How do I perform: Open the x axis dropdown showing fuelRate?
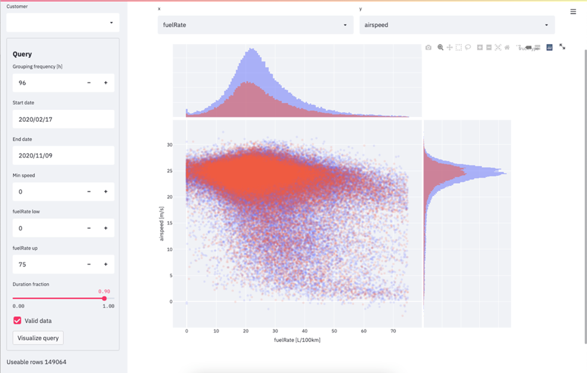click(255, 25)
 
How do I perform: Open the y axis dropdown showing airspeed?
click(456, 25)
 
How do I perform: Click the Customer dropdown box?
click(63, 23)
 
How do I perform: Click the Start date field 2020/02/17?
click(63, 119)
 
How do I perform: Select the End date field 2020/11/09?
click(63, 155)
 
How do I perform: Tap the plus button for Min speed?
click(106, 192)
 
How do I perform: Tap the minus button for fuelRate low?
click(89, 228)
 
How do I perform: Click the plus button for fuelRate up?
click(106, 264)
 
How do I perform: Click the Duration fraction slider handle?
click(105, 299)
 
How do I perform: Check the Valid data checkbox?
click(17, 320)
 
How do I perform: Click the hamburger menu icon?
click(573, 11)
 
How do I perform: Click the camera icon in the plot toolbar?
click(428, 47)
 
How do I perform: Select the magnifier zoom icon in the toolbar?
click(440, 47)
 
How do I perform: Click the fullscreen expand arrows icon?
click(562, 47)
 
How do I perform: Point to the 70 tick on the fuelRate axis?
click(393, 331)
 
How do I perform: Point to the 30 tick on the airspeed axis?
click(169, 145)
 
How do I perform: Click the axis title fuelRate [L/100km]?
click(297, 340)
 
